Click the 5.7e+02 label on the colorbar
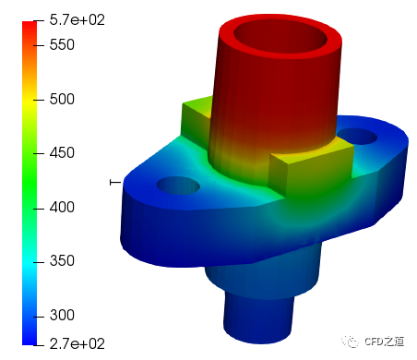click(77, 20)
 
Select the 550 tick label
click(62, 45)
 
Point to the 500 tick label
click(62, 100)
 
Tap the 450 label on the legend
click(62, 153)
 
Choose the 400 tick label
click(62, 208)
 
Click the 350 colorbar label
click(62, 261)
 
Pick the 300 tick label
click(62, 316)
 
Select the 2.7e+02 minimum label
click(77, 343)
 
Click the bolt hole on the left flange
click(178, 186)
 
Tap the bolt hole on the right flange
click(357, 137)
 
